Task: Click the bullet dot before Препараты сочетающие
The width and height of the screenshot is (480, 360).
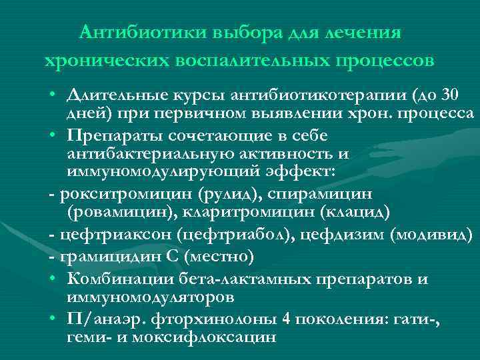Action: tap(51, 135)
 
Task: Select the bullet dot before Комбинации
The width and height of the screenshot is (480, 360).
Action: tap(51, 278)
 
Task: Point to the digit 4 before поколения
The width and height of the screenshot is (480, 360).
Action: tap(285, 318)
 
